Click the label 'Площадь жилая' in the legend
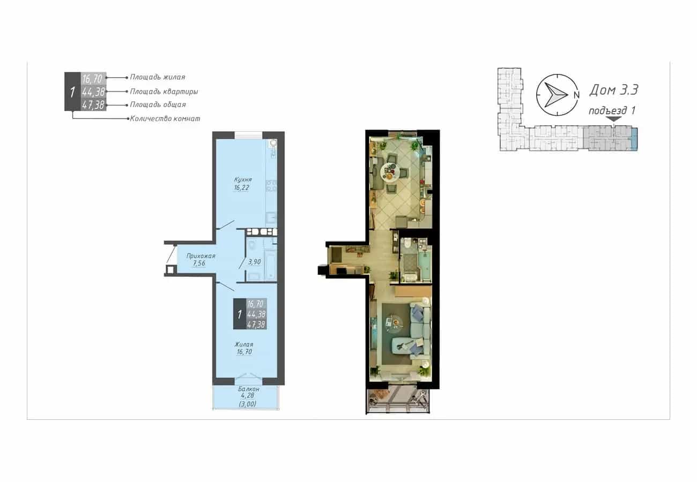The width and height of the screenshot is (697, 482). tap(158, 77)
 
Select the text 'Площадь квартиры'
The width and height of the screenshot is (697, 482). tap(164, 92)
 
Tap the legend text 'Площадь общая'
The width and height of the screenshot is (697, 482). tap(158, 104)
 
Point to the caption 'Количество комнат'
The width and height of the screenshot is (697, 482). tap(165, 118)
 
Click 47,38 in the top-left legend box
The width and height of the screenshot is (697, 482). tap(93, 105)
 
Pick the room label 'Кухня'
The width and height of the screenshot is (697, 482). tap(243, 179)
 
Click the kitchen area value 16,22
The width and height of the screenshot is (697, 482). tap(241, 187)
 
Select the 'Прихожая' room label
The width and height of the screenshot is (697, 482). tap(201, 256)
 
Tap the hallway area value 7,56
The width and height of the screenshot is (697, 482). tap(199, 263)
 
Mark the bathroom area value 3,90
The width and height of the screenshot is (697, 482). tap(254, 262)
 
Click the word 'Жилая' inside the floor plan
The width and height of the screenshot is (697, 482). tap(244, 344)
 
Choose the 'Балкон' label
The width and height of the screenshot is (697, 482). tap(249, 389)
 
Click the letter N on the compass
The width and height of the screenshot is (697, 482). tap(576, 95)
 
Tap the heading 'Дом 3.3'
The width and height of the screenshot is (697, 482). tap(613, 90)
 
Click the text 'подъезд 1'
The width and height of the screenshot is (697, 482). tap(612, 110)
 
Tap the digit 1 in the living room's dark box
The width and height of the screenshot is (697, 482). tap(239, 314)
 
